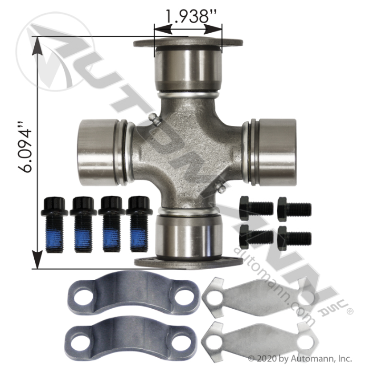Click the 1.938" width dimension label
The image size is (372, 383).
coord(191,16)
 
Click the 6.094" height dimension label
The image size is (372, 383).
coord(25,151)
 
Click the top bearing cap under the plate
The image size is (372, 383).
coord(188,70)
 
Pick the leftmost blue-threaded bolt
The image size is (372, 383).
coord(54,224)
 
